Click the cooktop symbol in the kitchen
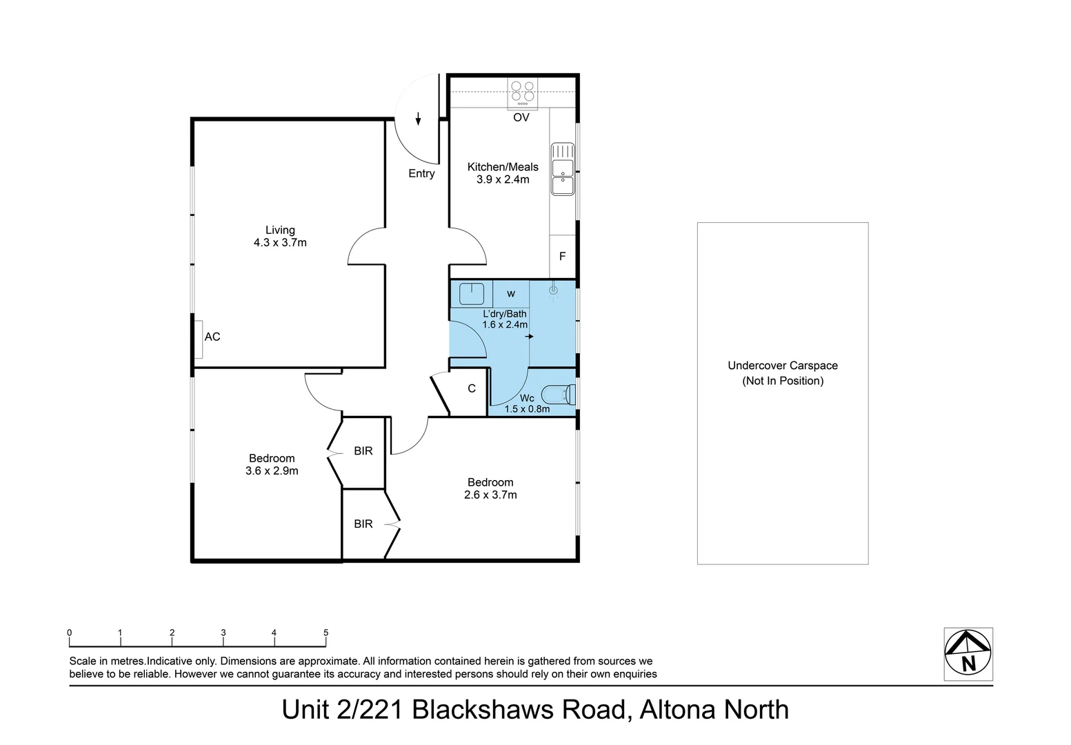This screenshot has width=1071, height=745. [522, 92]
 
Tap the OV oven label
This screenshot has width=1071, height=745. [521, 118]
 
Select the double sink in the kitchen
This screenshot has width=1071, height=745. [563, 170]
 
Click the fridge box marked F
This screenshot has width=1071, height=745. [563, 257]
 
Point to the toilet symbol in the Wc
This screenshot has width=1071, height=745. [559, 395]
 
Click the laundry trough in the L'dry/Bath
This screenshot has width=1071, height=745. [472, 293]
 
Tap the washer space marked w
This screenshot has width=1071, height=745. [511, 294]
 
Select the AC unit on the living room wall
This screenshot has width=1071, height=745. [199, 339]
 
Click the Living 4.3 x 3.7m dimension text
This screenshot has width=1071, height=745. [280, 243]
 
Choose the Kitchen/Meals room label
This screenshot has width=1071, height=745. [503, 167]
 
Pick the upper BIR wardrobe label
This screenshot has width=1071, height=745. [363, 451]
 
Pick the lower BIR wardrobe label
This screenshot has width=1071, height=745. [363, 524]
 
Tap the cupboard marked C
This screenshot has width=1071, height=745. [472, 389]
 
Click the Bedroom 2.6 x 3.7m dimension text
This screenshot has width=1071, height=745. [490, 495]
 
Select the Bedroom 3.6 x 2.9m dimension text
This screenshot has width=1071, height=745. [272, 471]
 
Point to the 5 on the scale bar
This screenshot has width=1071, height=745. [326, 633]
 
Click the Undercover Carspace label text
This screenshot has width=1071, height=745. [783, 366]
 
